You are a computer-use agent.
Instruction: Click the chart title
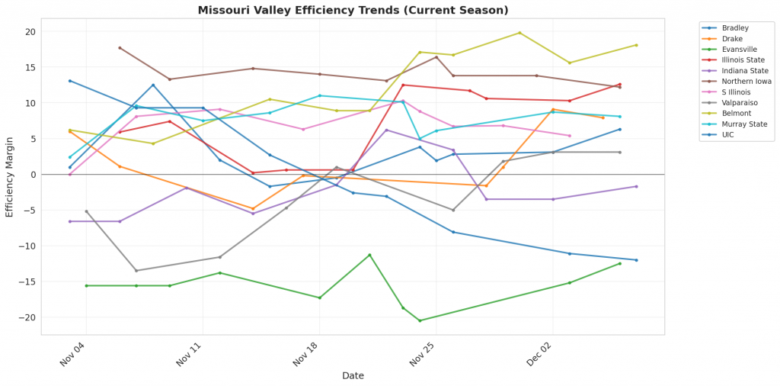(x=353, y=10)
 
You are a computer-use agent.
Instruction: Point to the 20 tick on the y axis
(x=30, y=32)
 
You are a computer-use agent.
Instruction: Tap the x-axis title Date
(x=353, y=375)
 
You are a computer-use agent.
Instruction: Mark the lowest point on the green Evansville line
(x=420, y=320)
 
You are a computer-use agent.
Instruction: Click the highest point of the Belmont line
(x=519, y=33)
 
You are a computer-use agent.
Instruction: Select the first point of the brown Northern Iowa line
(x=120, y=48)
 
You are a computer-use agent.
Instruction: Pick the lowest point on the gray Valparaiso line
(x=136, y=271)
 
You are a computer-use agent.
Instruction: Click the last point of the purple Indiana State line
(x=636, y=186)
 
